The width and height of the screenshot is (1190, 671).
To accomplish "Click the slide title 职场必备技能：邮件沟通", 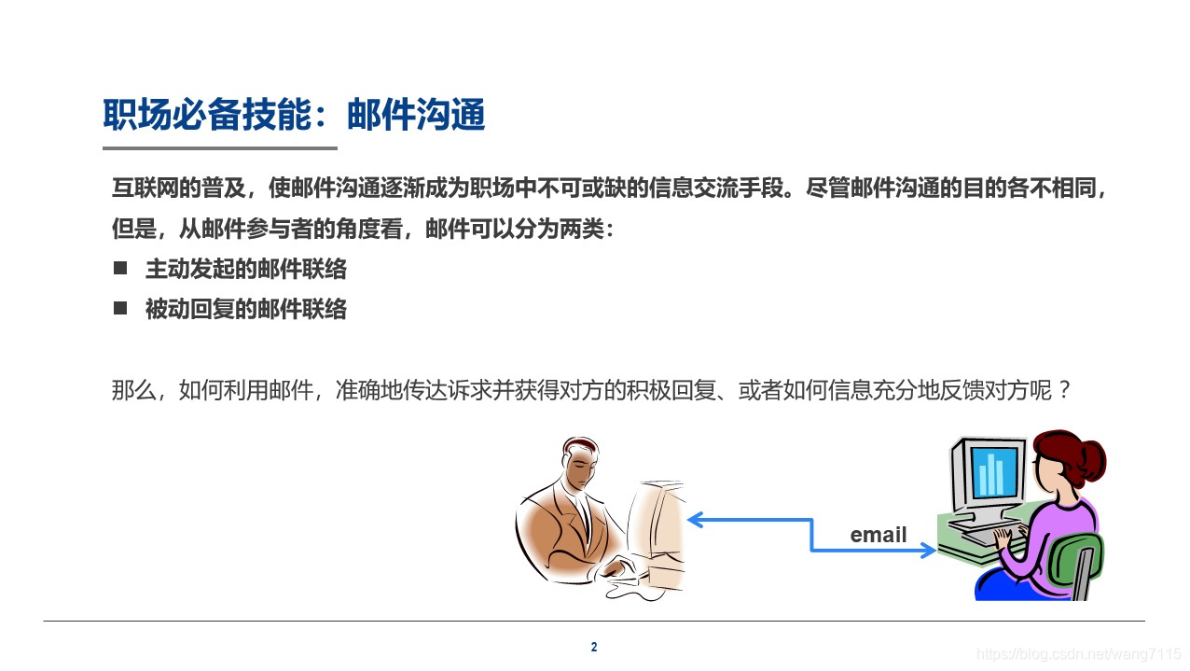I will (x=294, y=117).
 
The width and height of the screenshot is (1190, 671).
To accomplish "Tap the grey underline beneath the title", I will (x=219, y=148).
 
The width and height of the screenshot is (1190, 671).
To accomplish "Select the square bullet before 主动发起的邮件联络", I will (x=120, y=269).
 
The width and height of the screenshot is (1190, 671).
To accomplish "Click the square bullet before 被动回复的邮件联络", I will (x=120, y=308).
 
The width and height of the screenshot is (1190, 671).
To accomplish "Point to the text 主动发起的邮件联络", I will (x=246, y=270).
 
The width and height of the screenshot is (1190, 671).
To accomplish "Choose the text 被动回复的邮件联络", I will (x=246, y=309).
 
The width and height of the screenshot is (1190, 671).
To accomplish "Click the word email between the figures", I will (x=878, y=535).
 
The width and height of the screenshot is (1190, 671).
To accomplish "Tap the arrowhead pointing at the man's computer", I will (x=694, y=520).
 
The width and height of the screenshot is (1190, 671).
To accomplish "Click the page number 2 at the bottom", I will (x=594, y=647).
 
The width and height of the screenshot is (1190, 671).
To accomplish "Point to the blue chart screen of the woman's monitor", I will (x=991, y=474).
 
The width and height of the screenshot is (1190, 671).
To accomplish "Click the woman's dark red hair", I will (x=1072, y=457).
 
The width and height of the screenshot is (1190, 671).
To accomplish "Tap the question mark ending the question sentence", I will (x=1062, y=390).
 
